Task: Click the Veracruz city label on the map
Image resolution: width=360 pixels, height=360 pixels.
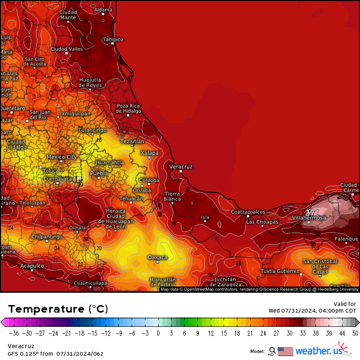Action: [x=181, y=167]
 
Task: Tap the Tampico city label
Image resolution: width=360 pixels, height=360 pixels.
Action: [x=113, y=39]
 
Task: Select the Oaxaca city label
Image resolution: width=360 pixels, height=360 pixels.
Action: [x=157, y=257]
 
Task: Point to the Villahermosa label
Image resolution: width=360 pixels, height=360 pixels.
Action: [x=309, y=217]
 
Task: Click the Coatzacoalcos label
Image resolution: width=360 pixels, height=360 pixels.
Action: [x=248, y=212]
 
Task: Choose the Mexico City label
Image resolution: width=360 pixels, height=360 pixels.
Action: [x=62, y=157]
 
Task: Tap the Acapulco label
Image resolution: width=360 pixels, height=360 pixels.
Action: [x=32, y=266]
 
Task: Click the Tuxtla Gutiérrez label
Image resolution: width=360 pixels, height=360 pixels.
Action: [x=280, y=271]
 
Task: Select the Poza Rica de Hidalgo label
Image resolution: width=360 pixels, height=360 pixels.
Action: [x=129, y=108]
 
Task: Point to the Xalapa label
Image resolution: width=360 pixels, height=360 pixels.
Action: [x=149, y=153]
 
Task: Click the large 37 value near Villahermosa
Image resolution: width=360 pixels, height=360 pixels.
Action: [x=310, y=213]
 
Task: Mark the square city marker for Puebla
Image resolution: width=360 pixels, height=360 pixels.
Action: [x=99, y=178]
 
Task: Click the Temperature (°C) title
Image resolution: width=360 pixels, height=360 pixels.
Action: [x=58, y=309]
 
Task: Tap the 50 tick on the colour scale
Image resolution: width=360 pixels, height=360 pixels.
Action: [x=355, y=333]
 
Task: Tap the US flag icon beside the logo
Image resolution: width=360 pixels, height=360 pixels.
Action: [x=285, y=351]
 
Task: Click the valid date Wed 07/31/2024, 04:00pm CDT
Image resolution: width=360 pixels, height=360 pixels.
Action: [x=312, y=311]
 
